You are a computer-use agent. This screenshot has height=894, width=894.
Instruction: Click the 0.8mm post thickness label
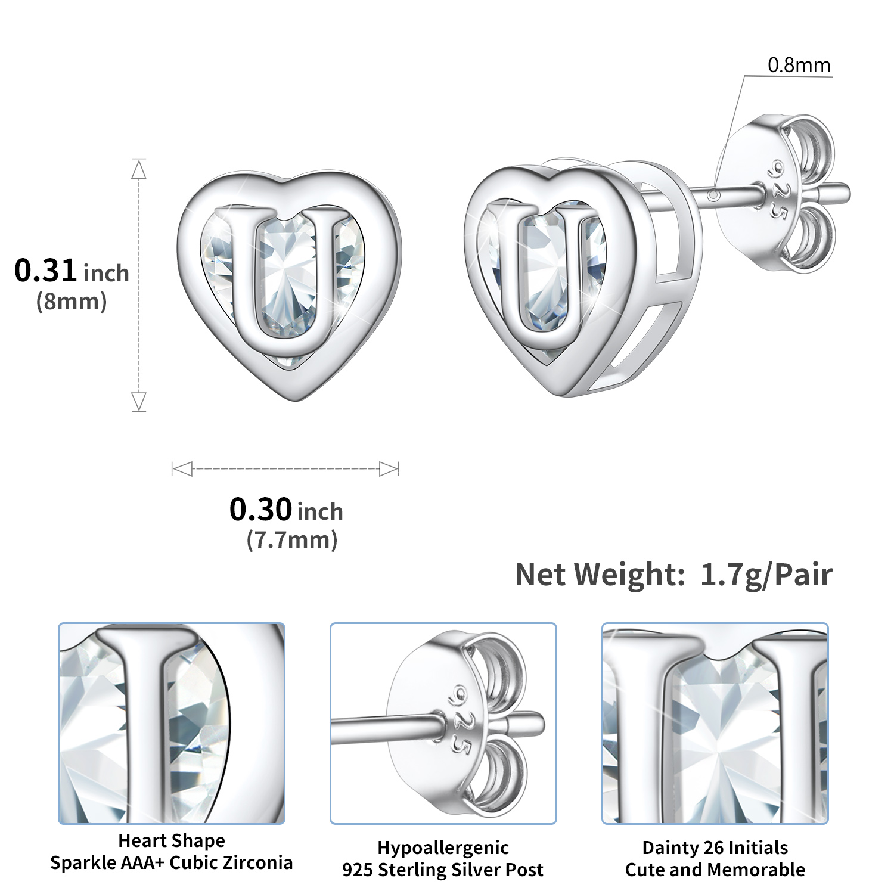tap(798, 64)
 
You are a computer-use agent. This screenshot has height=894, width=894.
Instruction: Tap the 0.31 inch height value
tap(72, 271)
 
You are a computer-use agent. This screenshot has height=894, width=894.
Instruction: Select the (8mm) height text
tap(72, 302)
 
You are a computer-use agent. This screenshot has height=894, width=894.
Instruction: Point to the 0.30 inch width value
tap(286, 510)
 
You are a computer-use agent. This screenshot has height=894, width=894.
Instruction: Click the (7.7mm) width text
tap(292, 540)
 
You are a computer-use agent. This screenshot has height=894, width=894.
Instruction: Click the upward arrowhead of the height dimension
tap(139, 170)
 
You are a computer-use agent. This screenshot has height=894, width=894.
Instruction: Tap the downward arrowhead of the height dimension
tap(139, 401)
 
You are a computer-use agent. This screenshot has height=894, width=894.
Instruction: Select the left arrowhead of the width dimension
tap(182, 469)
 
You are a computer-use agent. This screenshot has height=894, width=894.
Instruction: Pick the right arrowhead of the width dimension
tap(388, 469)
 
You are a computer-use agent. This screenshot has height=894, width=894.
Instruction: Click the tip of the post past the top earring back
tap(843, 193)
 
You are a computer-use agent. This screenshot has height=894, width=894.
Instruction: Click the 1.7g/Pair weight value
tap(766, 575)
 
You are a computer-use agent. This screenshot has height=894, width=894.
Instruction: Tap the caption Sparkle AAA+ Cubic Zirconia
tap(172, 862)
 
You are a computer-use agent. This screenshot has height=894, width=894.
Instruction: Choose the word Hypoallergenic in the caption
tap(443, 848)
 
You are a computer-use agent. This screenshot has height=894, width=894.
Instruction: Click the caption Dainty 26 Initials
tap(715, 848)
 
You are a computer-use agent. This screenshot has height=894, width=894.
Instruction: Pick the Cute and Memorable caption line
tap(715, 870)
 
